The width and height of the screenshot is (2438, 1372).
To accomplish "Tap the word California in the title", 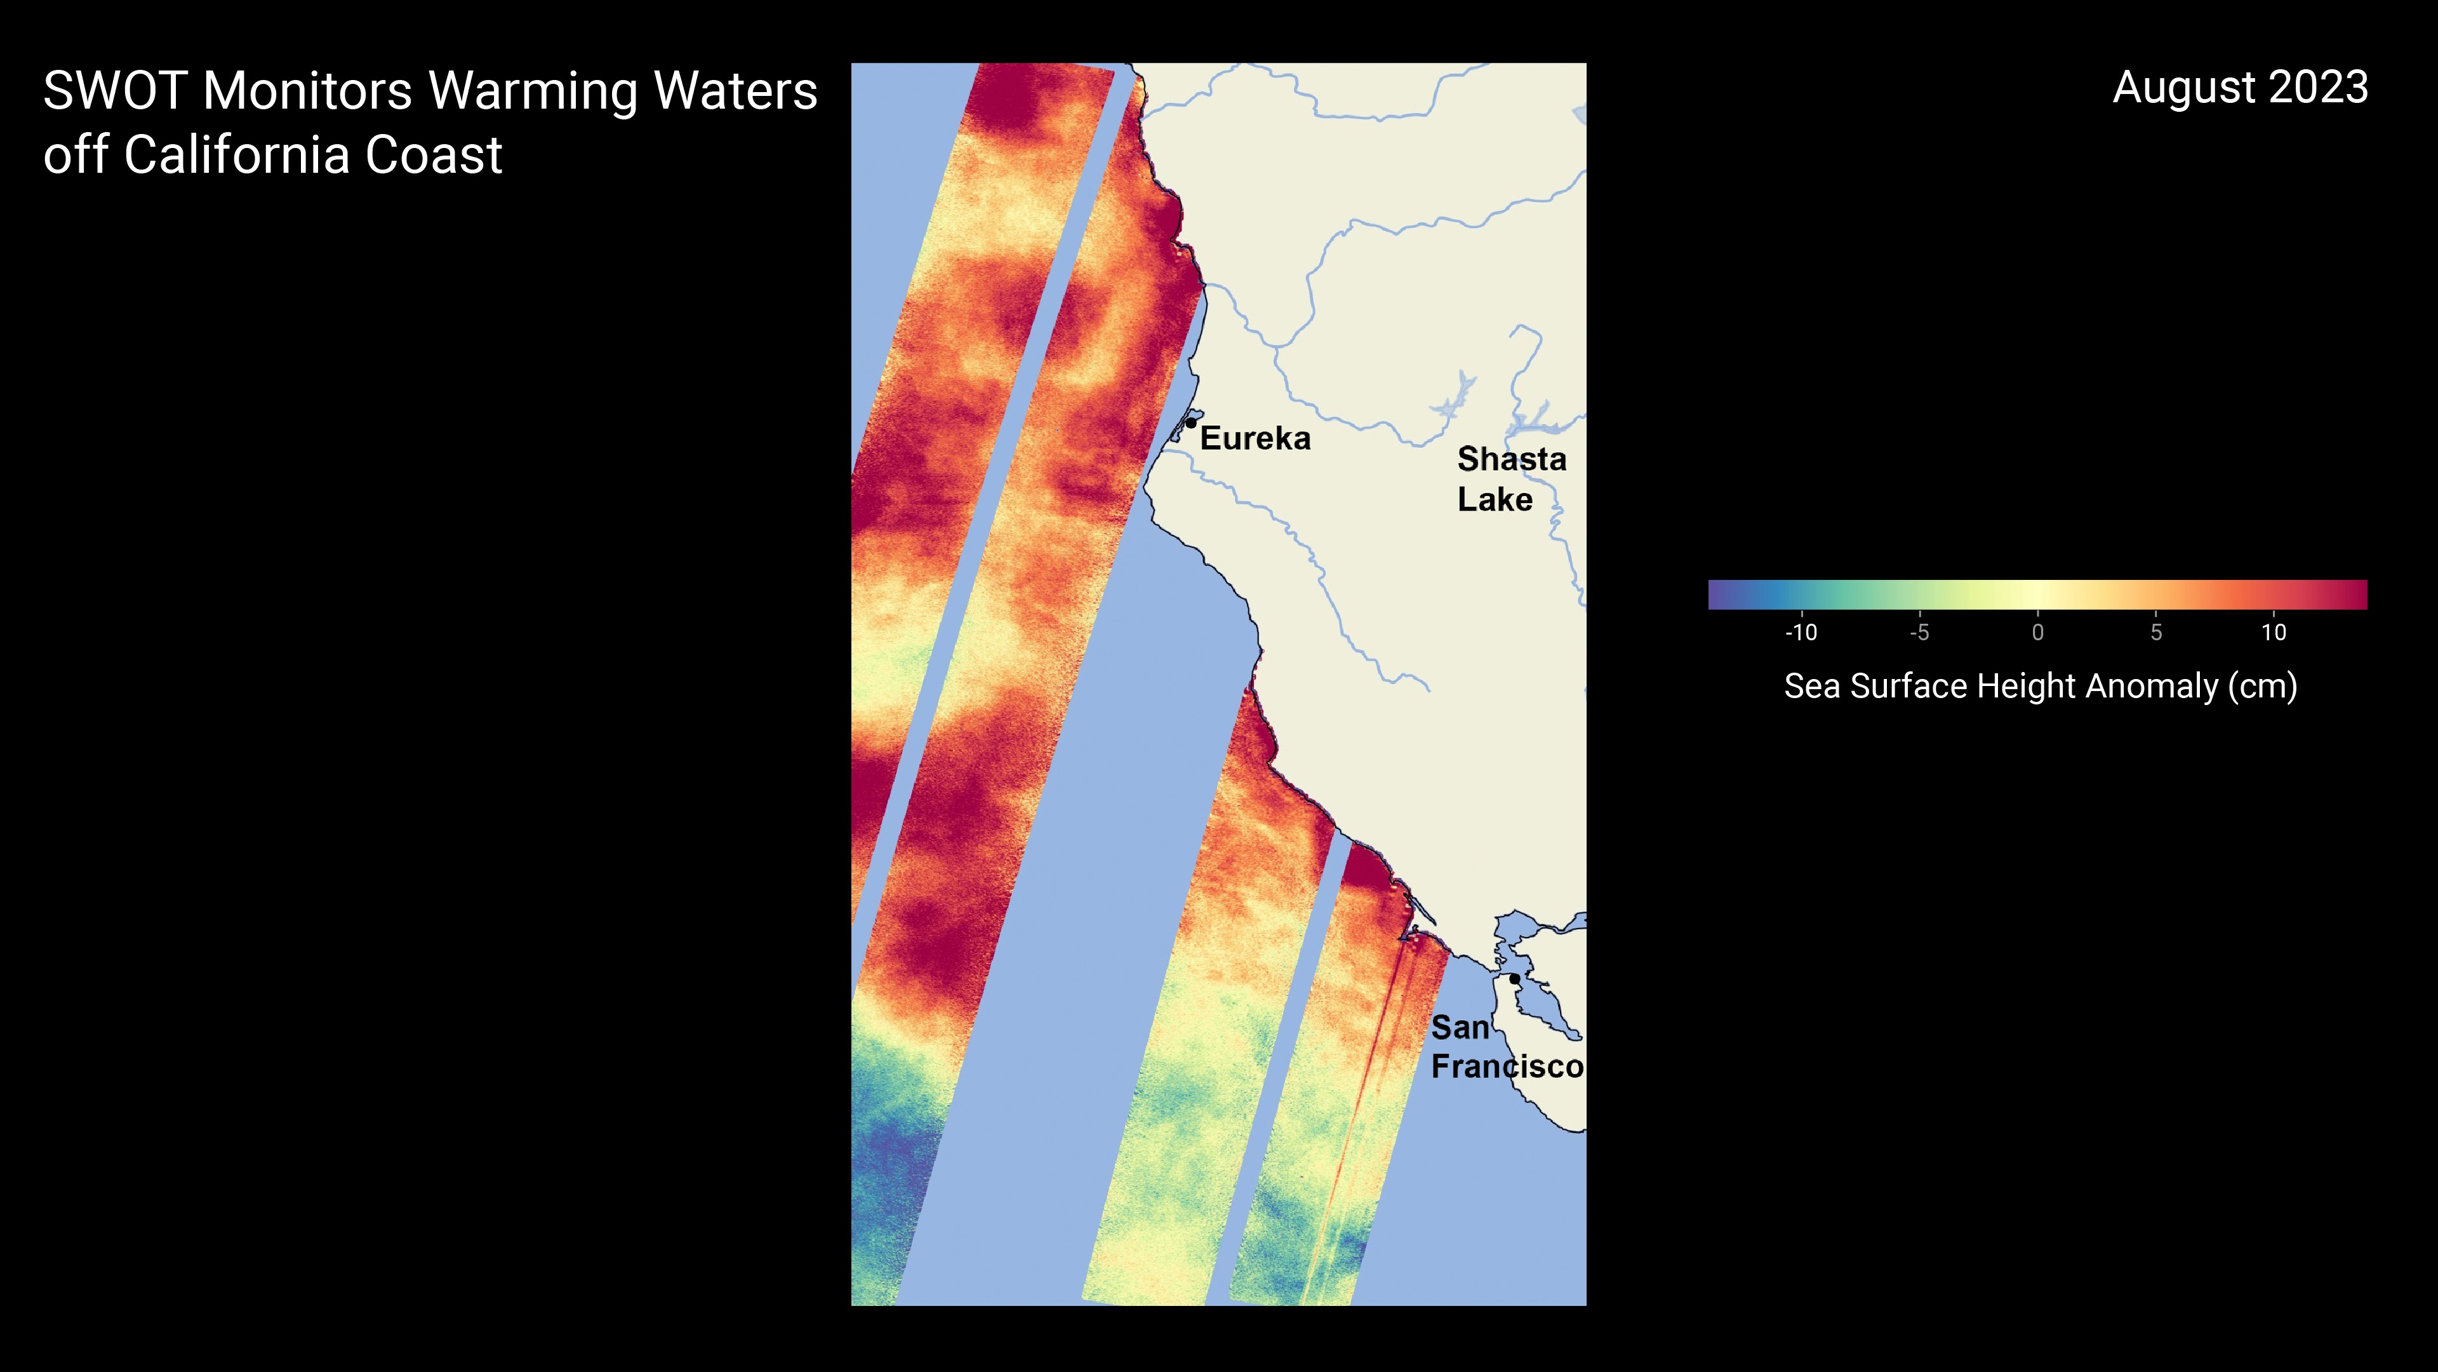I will [236, 155].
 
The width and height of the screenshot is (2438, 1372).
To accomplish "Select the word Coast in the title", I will [434, 155].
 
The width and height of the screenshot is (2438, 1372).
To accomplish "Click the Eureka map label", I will [1255, 438].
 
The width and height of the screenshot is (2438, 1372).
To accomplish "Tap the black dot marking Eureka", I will [1190, 423].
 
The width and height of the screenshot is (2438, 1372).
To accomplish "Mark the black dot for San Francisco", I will [1514, 978].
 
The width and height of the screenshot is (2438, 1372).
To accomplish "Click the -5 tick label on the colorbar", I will [1919, 633].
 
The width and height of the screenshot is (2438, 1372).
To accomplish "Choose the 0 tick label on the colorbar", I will [2037, 633].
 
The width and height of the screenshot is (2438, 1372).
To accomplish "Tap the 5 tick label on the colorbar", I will [2156, 633].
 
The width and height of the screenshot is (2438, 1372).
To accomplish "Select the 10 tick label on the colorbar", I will [2274, 633].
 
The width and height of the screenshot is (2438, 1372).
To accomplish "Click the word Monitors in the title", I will [307, 92].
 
